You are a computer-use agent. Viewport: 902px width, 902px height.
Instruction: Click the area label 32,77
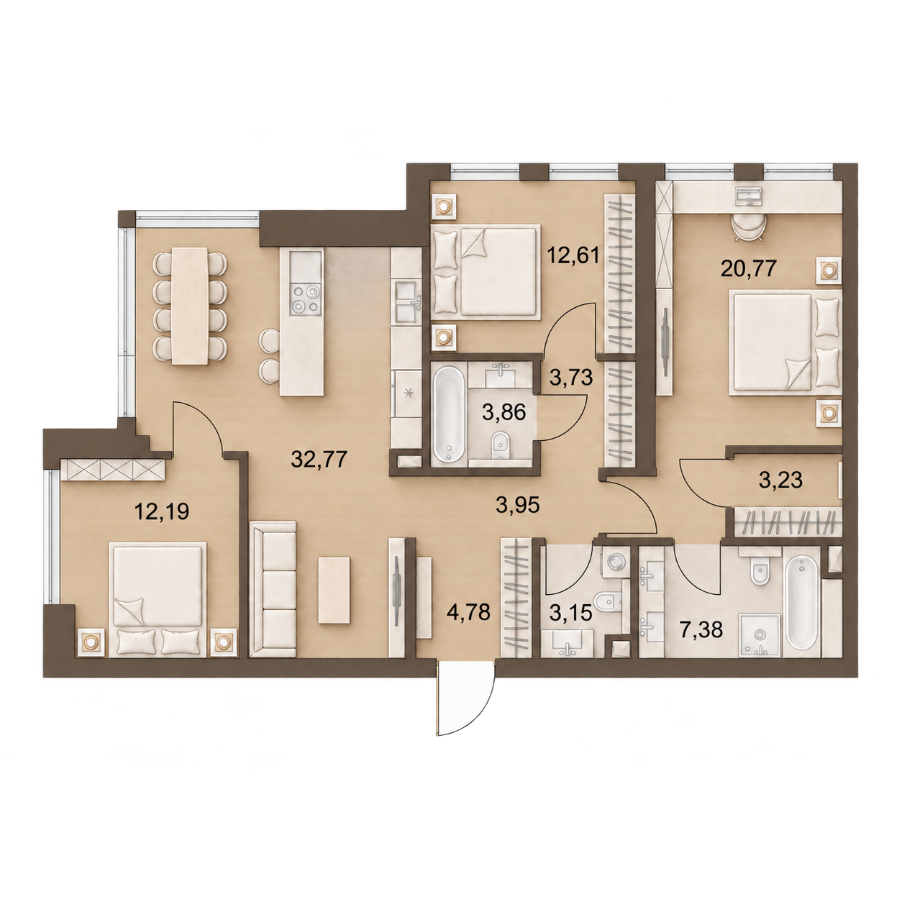coord(319,460)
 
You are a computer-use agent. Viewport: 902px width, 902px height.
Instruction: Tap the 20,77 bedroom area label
coord(749,269)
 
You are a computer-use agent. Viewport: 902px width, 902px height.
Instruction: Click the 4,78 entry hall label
coord(468,612)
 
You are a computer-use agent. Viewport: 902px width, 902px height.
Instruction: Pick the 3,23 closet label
coord(780,480)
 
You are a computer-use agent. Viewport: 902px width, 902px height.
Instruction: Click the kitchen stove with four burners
coord(306,299)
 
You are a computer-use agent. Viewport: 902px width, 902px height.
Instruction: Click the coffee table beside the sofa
coord(334,590)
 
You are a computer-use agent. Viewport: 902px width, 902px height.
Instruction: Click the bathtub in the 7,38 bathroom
coord(803,603)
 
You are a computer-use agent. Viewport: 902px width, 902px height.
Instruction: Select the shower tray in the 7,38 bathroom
coord(760,636)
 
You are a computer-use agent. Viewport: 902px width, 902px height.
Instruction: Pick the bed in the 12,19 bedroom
coord(158,598)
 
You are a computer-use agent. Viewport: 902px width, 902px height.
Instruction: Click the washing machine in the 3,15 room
coord(614,562)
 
